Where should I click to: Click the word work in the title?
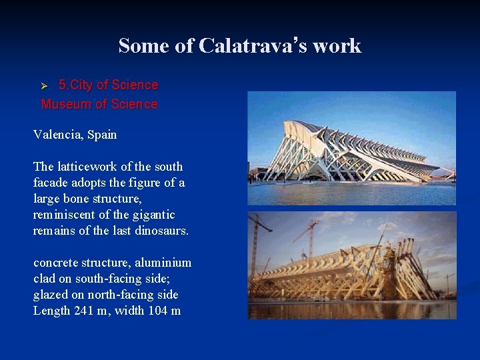[337, 46]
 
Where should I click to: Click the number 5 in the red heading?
[62, 85]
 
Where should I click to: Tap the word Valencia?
[58, 135]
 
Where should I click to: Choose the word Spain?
[102, 135]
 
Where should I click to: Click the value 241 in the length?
[85, 311]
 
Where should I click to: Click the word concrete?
[55, 263]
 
